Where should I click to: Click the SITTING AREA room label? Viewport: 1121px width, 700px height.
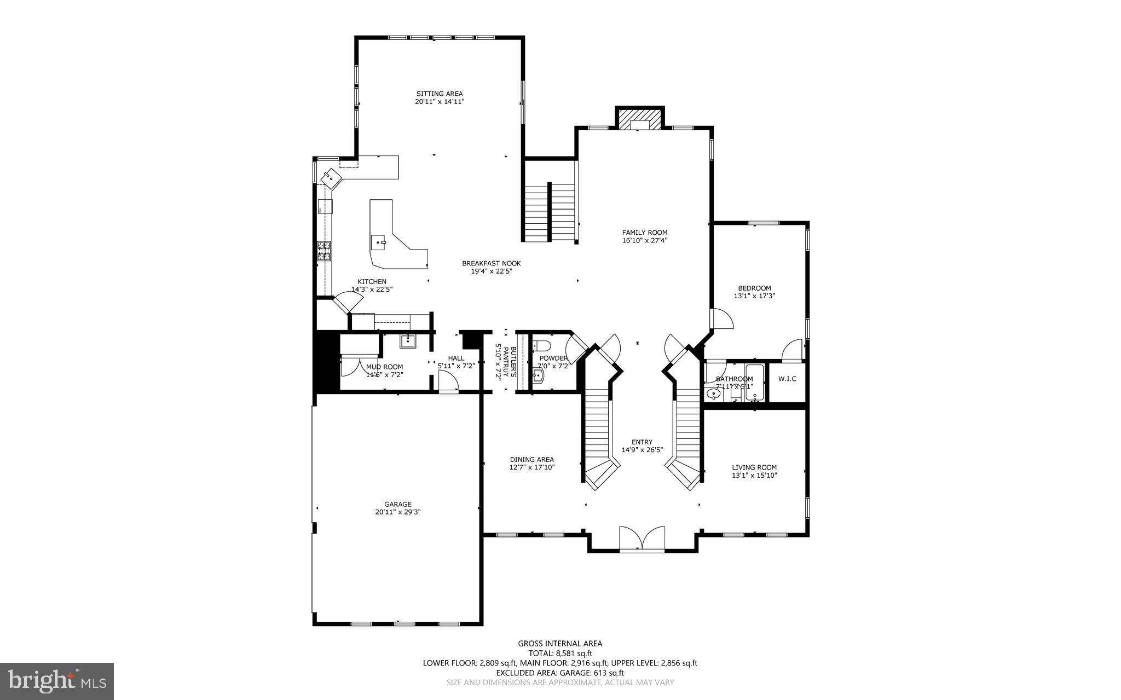(x=439, y=94)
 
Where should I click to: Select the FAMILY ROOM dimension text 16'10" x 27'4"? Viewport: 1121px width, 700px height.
(x=644, y=240)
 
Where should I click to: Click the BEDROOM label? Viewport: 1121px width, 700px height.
(x=754, y=288)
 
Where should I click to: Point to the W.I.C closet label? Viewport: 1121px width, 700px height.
(x=787, y=379)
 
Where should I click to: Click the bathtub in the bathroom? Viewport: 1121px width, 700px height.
(x=754, y=383)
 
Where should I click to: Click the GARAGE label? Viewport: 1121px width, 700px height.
(x=397, y=504)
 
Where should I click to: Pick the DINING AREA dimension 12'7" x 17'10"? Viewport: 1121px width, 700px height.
(x=532, y=467)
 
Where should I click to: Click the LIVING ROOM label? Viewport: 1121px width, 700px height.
(x=754, y=467)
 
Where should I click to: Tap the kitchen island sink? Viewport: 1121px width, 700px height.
(x=379, y=241)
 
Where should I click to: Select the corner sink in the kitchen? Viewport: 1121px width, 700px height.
(x=331, y=177)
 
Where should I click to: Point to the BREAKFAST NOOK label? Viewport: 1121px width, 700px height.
(x=491, y=263)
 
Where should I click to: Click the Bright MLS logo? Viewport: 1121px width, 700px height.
(x=57, y=680)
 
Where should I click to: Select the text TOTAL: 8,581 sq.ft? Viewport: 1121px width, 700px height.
(x=559, y=653)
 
